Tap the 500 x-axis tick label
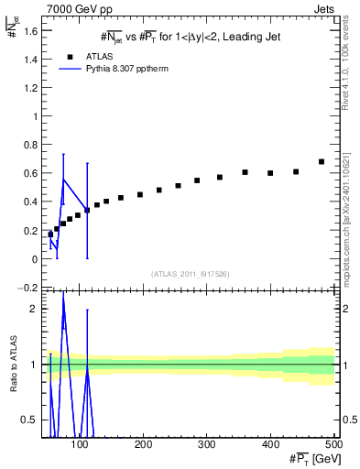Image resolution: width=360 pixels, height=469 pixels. (333, 444)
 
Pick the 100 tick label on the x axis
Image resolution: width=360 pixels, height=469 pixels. (81, 444)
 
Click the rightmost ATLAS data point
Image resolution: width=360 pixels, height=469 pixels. (322, 162)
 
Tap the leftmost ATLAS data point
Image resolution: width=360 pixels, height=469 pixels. (50, 234)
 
